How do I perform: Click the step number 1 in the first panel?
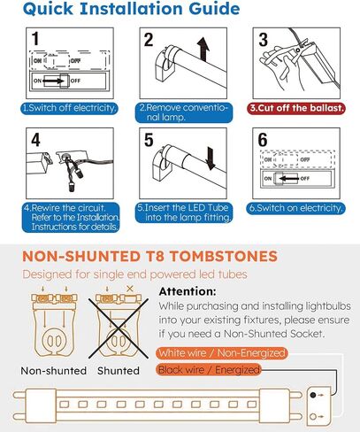pyautogui.click(x=35, y=39)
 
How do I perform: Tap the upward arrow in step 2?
pyautogui.click(x=203, y=49)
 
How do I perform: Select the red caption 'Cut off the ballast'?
pyautogui.click(x=296, y=108)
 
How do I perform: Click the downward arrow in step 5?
pyautogui.click(x=211, y=158)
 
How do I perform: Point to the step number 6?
pyautogui.click(x=263, y=140)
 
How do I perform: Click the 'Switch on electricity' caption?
pyautogui.click(x=295, y=208)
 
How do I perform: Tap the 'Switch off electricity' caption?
pyautogui.click(x=70, y=108)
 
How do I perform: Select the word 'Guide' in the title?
pyautogui.click(x=214, y=9)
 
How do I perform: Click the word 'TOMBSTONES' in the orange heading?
pyautogui.click(x=224, y=256)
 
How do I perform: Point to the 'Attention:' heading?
pyautogui.click(x=188, y=291)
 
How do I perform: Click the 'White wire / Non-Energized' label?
pyautogui.click(x=222, y=353)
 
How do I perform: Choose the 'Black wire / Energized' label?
pyautogui.click(x=209, y=370)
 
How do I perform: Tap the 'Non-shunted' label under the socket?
pyautogui.click(x=54, y=371)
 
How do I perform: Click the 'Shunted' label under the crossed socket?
pyautogui.click(x=119, y=371)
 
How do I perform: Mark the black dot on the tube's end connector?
pyautogui.click(x=313, y=395)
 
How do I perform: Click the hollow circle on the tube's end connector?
pyautogui.click(x=313, y=417)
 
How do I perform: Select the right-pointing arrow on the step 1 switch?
pyautogui.click(x=54, y=81)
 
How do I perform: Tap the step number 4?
pyautogui.click(x=35, y=140)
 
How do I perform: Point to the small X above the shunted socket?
pyautogui.click(x=130, y=289)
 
